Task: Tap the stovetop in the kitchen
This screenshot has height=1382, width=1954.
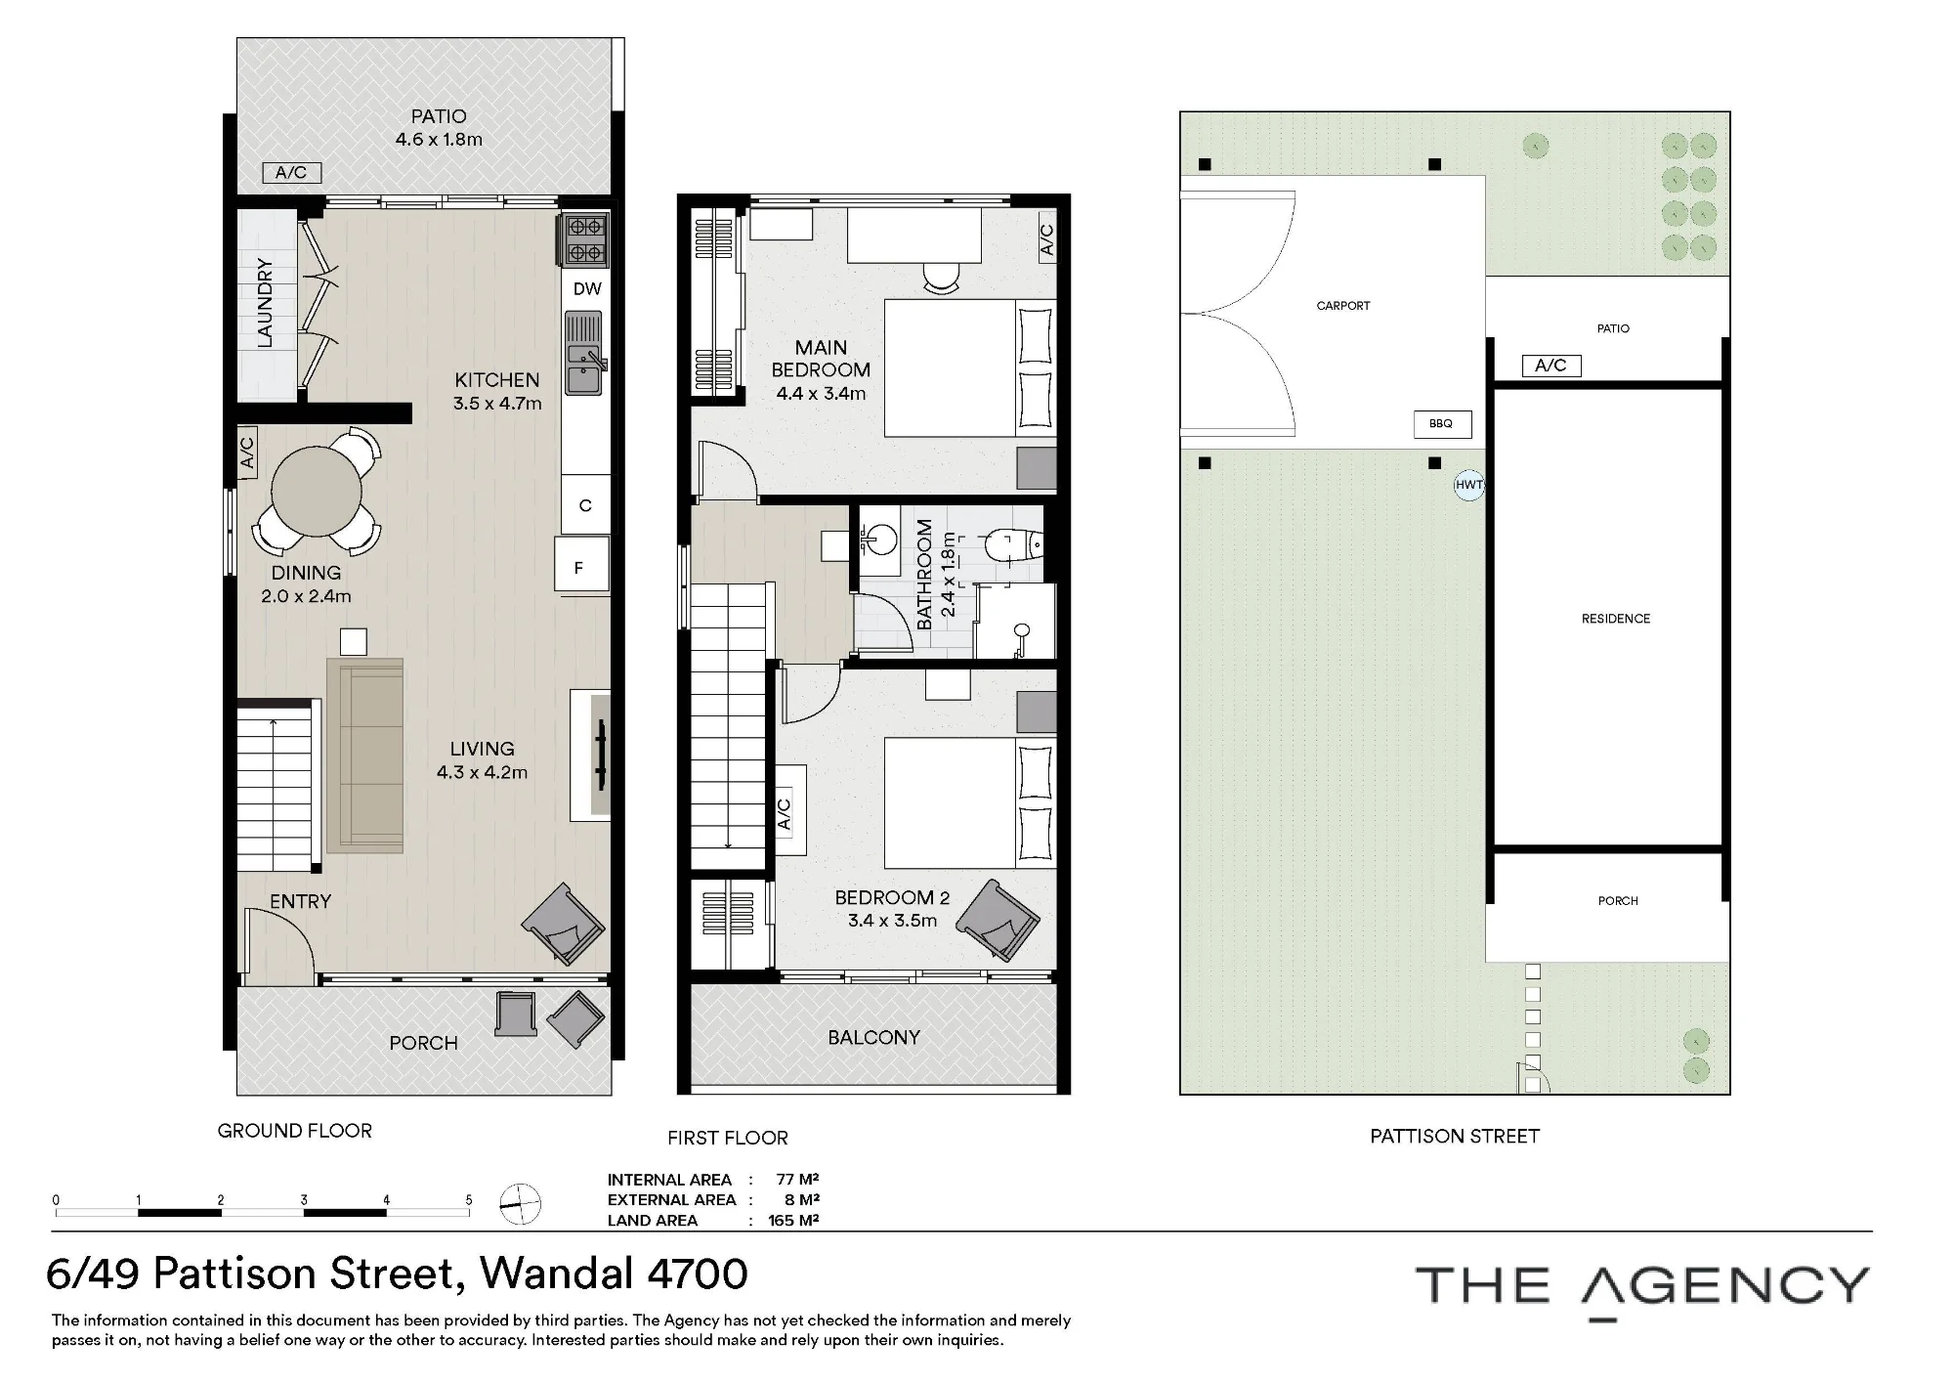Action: pos(584,239)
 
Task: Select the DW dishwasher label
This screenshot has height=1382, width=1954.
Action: pos(587,289)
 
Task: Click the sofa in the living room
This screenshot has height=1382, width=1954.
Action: pos(364,756)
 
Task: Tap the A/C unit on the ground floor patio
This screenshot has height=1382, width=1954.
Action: pos(291,173)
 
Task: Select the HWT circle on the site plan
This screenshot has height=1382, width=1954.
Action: pos(1468,485)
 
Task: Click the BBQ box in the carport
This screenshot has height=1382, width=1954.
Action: pos(1442,424)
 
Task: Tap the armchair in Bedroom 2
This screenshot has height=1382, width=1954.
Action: pos(997,920)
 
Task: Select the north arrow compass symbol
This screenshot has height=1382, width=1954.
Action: pos(520,1203)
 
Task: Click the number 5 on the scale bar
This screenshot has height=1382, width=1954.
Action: pos(469,1200)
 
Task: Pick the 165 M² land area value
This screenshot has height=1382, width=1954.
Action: pos(793,1221)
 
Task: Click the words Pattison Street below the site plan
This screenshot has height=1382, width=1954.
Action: pos(1455,1136)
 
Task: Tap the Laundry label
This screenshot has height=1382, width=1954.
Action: pos(265,303)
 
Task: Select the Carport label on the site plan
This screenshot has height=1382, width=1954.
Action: pos(1343,306)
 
